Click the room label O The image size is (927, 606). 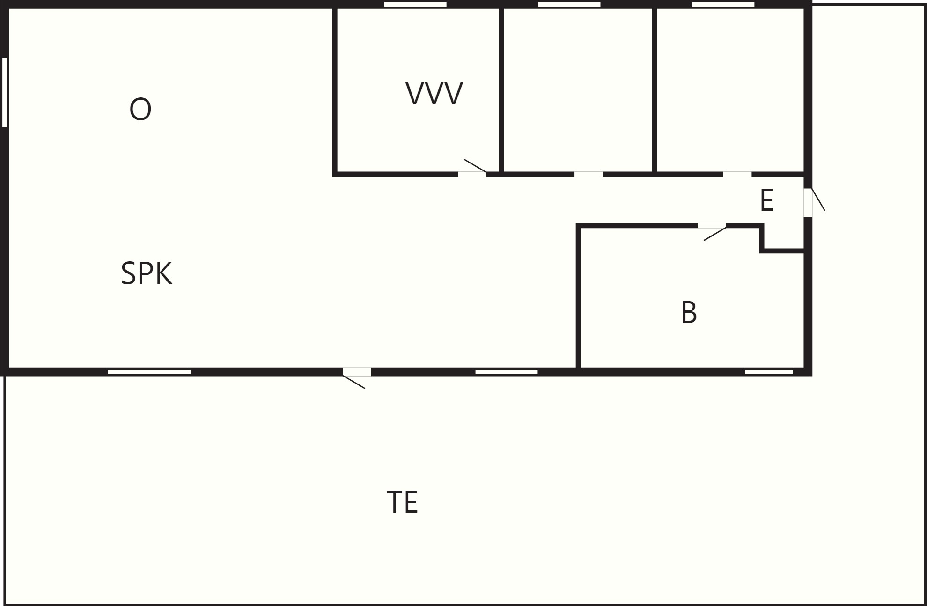coord(140,110)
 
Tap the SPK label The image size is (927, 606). coord(147,273)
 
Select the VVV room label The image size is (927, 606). coord(434,94)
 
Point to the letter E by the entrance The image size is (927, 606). coord(766,200)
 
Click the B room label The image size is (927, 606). coord(689,312)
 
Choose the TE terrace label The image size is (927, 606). coord(402,502)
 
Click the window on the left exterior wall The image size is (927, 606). coord(5,92)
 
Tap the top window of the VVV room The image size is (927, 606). coord(415,4)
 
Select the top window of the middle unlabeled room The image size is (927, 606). coord(569,4)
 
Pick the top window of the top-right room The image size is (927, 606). coord(723,4)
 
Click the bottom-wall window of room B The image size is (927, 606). coord(769,372)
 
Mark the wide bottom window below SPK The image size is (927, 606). coord(149,372)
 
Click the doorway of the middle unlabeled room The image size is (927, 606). coord(589,174)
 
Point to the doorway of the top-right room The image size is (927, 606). coord(737,174)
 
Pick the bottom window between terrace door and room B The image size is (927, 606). coord(507,372)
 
